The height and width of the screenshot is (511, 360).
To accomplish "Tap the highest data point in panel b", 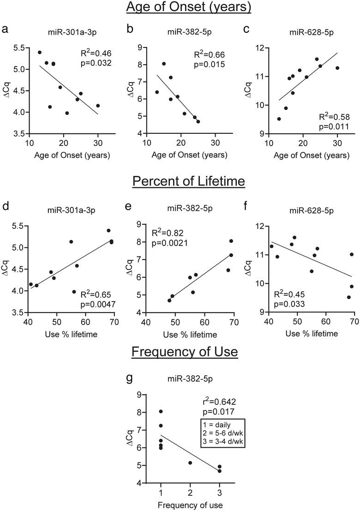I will tap(164, 64).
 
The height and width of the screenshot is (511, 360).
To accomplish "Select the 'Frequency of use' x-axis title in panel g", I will tap(190, 505).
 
